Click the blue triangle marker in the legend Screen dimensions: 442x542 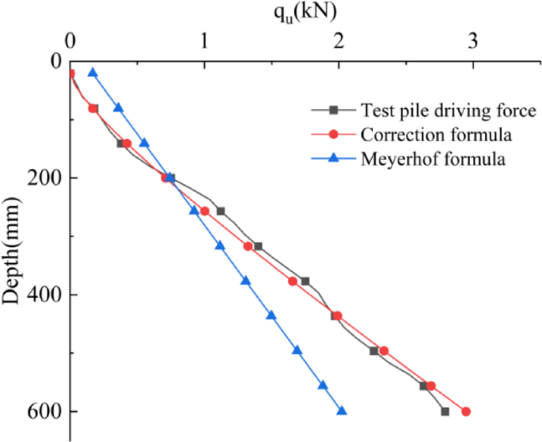(334, 158)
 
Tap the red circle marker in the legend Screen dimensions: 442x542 (334, 133)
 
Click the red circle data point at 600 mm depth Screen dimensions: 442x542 (466, 411)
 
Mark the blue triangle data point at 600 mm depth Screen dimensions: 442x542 (342, 410)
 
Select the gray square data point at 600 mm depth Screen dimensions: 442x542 (445, 411)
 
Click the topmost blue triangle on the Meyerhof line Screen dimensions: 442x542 (93, 72)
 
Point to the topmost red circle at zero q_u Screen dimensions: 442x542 (70, 73)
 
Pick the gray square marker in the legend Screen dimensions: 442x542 (334, 109)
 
